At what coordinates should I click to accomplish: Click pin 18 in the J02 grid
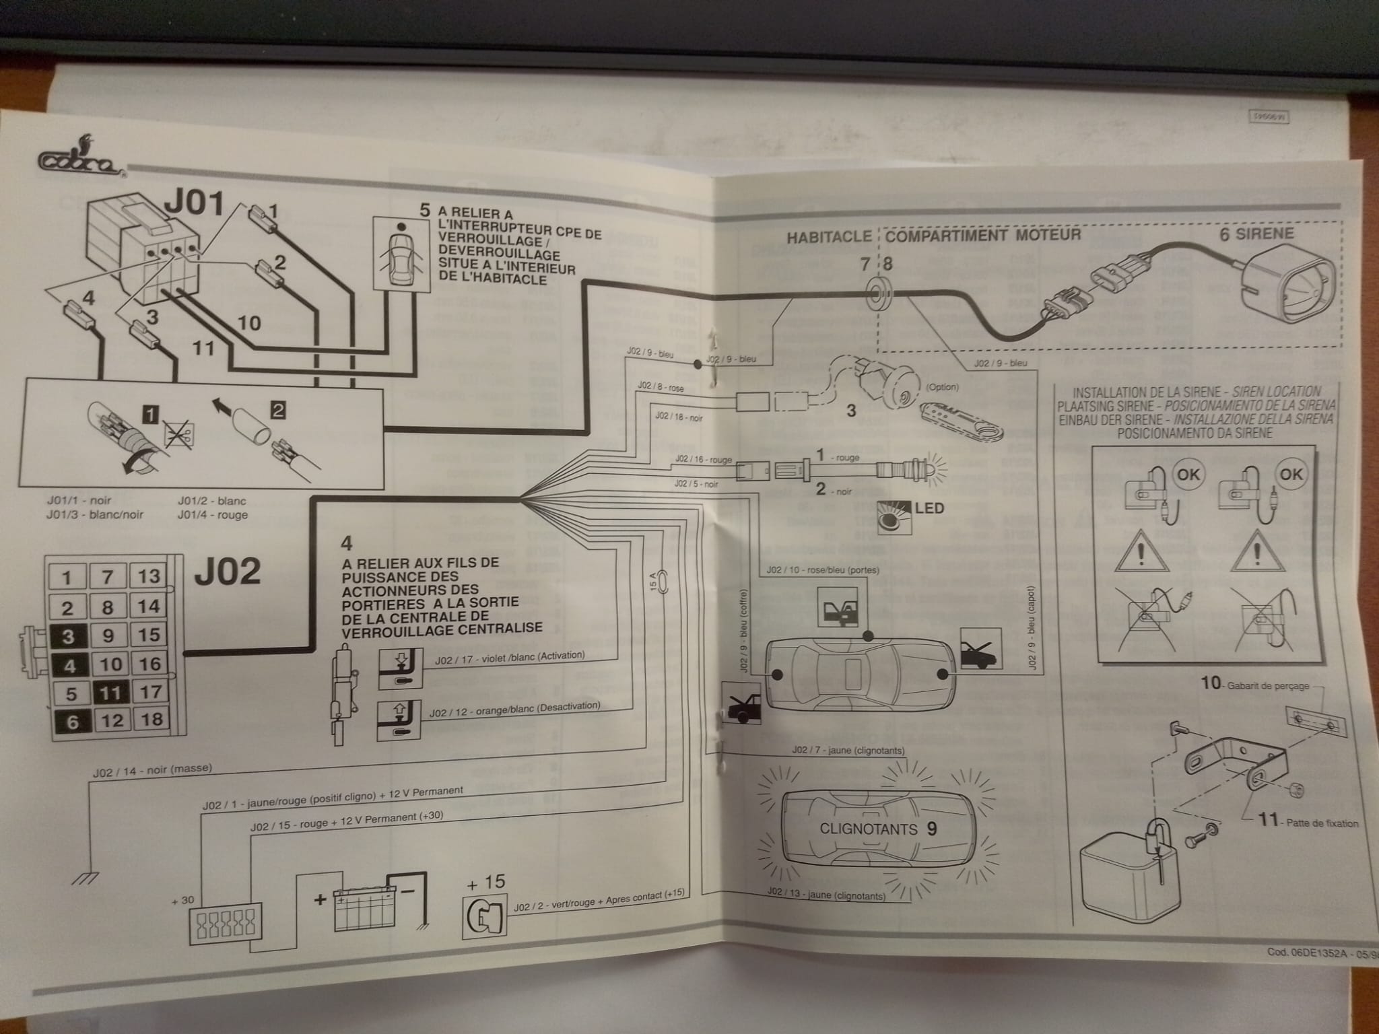tap(151, 719)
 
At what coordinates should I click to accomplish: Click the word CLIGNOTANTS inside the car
tap(868, 829)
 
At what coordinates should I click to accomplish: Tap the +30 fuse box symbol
tap(226, 920)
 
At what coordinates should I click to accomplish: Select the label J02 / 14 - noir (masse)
tap(152, 771)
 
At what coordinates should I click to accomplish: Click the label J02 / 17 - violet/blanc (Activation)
tap(510, 658)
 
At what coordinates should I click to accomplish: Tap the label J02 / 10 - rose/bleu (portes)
tap(822, 570)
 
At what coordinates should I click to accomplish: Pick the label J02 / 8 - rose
tap(660, 386)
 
